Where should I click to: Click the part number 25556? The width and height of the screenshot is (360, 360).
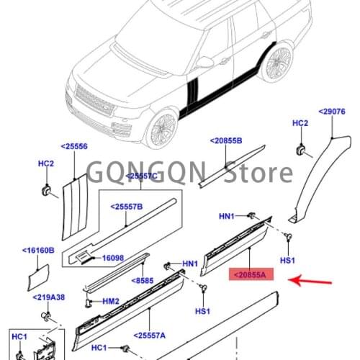tap(74, 146)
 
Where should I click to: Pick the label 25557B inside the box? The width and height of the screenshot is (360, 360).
tap(127, 207)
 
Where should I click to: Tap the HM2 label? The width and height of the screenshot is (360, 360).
tap(109, 302)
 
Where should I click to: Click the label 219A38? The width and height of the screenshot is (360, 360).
tap(47, 297)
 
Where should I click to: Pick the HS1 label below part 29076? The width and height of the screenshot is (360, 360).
tap(288, 259)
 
